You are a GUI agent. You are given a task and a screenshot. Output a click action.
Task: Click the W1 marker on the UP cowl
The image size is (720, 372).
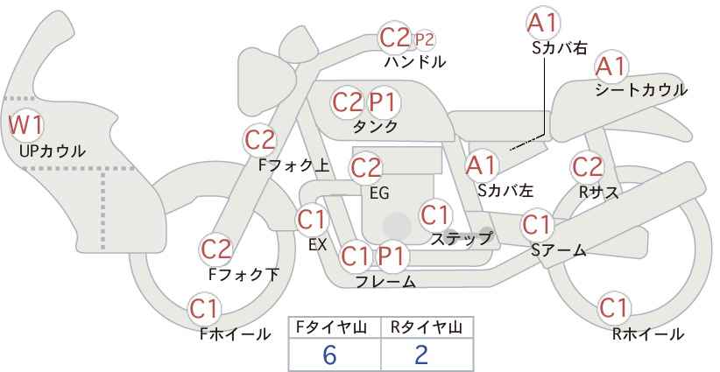pyautogui.click(x=26, y=125)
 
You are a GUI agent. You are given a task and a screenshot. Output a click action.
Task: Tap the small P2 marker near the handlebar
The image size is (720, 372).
pyautogui.click(x=424, y=40)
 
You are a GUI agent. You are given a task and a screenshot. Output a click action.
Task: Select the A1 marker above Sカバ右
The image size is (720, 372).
pyautogui.click(x=543, y=24)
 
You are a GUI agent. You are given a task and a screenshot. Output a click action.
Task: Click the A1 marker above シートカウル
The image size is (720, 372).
pyautogui.click(x=611, y=67)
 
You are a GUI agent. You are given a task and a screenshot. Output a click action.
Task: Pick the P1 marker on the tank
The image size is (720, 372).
pyautogui.click(x=384, y=102)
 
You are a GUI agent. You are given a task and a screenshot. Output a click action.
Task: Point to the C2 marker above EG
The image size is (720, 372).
pyautogui.click(x=366, y=168)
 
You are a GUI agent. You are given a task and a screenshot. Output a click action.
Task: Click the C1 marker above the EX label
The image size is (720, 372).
pyautogui.click(x=312, y=221)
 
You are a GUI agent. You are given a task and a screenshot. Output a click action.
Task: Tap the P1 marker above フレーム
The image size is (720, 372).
pyautogui.click(x=392, y=256)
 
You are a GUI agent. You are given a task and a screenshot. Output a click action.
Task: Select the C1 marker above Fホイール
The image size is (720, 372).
pyautogui.click(x=204, y=309)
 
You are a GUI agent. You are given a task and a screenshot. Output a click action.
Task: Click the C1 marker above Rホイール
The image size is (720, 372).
pyautogui.click(x=614, y=308)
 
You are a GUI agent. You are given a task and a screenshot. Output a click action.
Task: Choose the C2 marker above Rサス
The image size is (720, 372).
pyautogui.click(x=587, y=167)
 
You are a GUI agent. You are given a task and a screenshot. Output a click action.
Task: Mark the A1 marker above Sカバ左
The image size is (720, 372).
pyautogui.click(x=481, y=165)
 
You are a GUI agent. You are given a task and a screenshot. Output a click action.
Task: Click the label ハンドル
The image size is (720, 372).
pyautogui.click(x=415, y=62)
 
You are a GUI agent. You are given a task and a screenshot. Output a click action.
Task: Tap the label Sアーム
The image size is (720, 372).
pyautogui.click(x=559, y=250)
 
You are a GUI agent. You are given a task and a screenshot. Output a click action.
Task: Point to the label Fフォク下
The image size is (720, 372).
pyautogui.click(x=244, y=274)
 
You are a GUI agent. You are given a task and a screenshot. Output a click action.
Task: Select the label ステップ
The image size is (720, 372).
pyautogui.click(x=461, y=239)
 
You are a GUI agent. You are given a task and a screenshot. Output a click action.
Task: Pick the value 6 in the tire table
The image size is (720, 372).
pyautogui.click(x=329, y=354)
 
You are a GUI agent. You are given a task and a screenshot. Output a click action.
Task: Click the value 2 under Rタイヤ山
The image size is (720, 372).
pyautogui.click(x=420, y=354)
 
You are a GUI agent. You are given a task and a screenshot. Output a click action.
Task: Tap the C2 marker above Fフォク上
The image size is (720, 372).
pyautogui.click(x=260, y=140)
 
